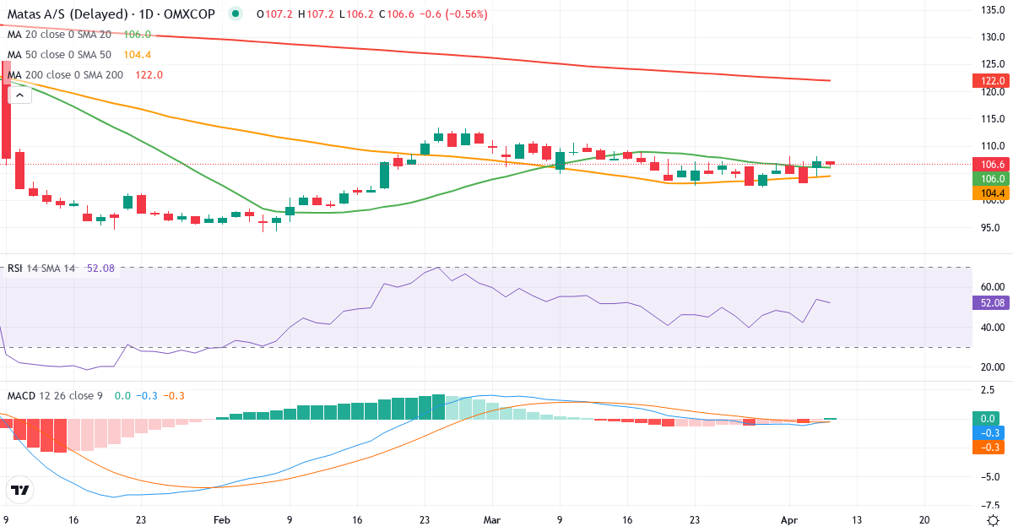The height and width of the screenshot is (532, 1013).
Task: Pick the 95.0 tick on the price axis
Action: click(990, 228)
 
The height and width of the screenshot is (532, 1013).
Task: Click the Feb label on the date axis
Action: click(222, 520)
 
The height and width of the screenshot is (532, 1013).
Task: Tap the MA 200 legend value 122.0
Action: click(149, 75)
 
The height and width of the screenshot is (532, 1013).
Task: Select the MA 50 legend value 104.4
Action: click(138, 55)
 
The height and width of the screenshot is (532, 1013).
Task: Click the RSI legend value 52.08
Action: click(99, 269)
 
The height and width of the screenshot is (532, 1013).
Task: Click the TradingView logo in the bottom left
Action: click(20, 490)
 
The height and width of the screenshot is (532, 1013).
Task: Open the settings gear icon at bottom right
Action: click(993, 520)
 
